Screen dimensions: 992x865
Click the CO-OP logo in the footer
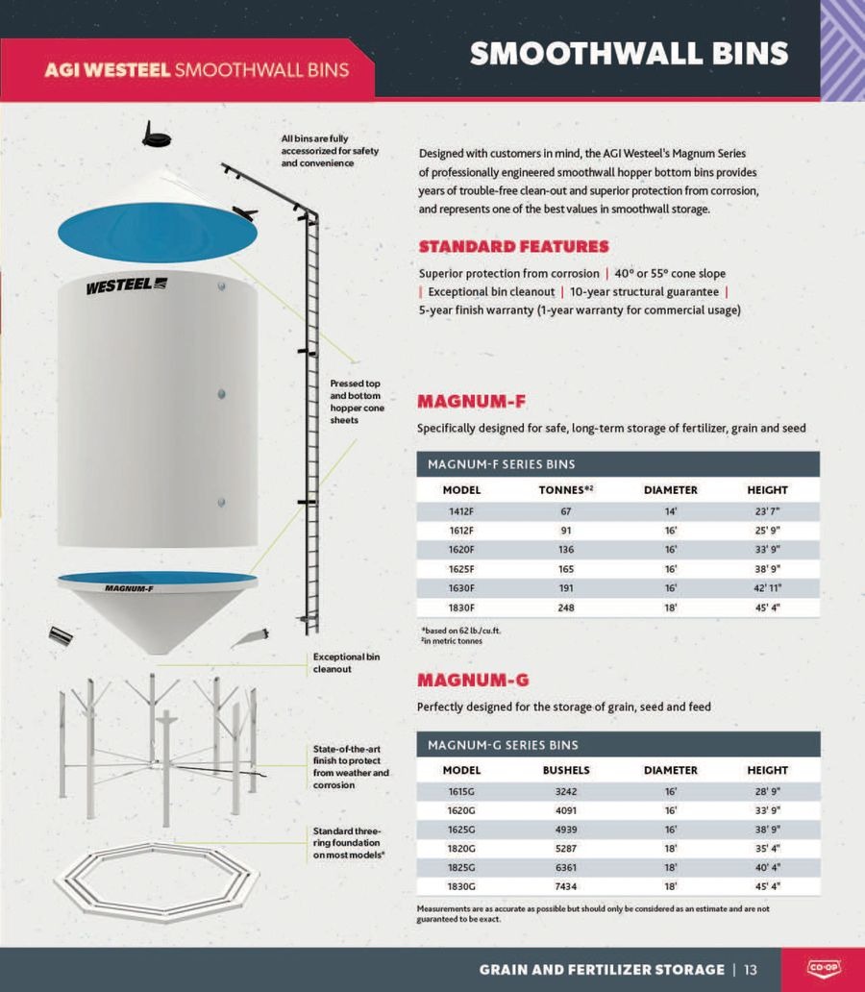coord(822,968)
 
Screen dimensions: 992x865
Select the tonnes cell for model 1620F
coord(566,550)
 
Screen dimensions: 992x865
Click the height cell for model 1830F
coord(767,608)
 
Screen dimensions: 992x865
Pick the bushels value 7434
coord(566,886)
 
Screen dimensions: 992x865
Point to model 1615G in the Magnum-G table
coord(461,791)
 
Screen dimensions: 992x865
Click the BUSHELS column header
coord(566,770)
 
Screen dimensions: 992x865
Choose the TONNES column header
coord(566,490)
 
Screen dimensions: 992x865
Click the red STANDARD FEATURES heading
coord(513,247)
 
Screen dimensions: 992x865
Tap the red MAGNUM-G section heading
coord(472,681)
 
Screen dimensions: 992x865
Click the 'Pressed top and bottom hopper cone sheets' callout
coord(356,402)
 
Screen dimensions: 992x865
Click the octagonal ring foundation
coord(156,880)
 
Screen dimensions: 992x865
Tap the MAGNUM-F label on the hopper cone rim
coord(129,588)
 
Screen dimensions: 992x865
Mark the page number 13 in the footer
coord(751,969)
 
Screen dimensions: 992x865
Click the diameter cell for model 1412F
coord(670,511)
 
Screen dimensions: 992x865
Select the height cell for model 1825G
coord(767,867)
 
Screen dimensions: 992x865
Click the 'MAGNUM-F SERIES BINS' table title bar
coord(618,464)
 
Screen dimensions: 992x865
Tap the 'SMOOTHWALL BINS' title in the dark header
coord(629,54)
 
